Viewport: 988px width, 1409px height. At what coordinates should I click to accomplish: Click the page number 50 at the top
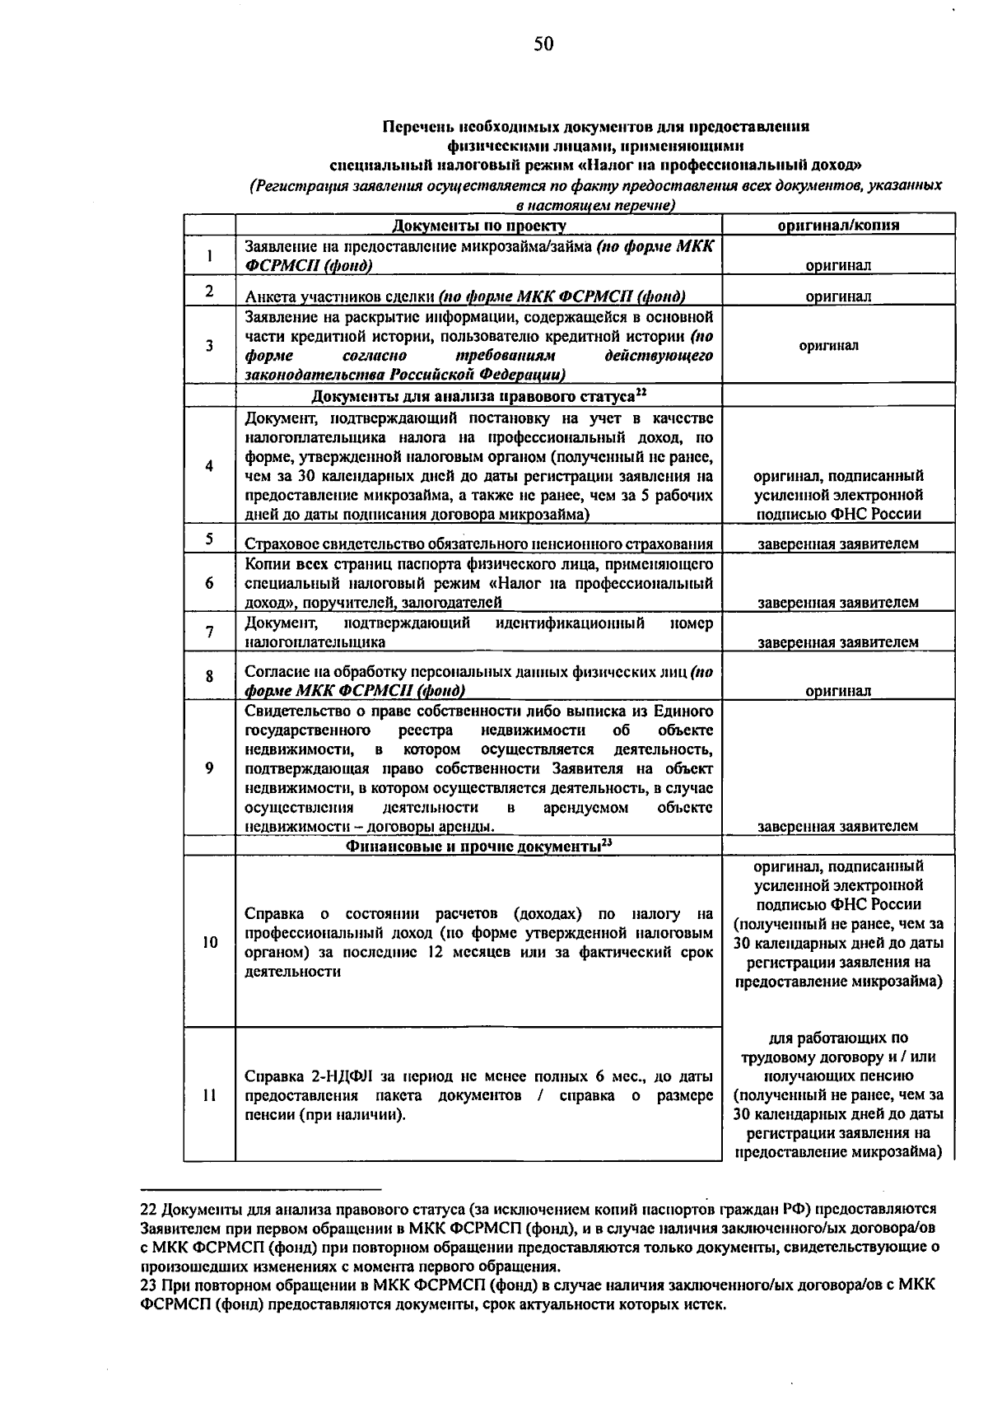543,44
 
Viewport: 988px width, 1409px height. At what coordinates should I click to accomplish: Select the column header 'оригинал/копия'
838,225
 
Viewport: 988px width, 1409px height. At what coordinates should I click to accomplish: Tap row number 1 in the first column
210,256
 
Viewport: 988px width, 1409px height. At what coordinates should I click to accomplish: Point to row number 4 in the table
210,466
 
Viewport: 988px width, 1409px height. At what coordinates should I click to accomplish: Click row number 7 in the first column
210,632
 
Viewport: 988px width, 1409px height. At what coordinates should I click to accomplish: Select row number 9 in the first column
210,767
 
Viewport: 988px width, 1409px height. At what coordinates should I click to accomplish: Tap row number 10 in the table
210,942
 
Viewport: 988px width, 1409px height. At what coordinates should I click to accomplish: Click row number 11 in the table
210,1095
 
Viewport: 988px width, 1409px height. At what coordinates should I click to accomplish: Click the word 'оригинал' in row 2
838,296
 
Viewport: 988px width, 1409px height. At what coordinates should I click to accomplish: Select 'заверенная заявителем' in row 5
838,544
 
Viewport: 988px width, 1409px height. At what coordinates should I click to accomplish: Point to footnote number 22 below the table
149,1209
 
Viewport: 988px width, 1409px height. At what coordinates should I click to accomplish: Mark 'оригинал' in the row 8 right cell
838,692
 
